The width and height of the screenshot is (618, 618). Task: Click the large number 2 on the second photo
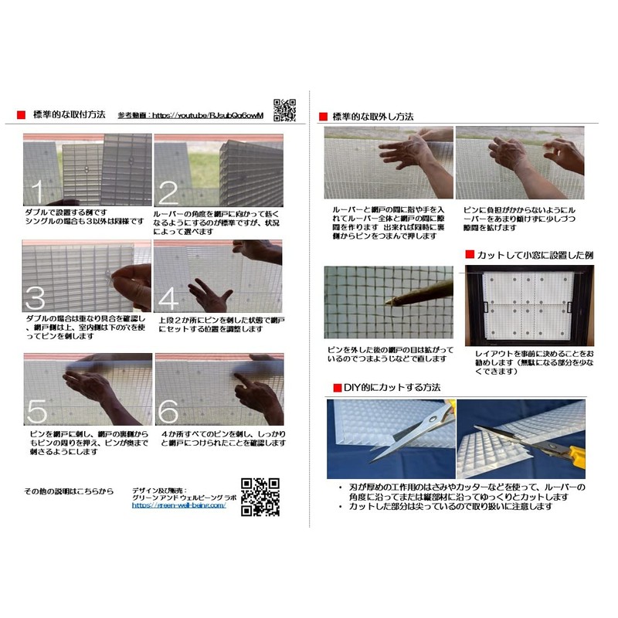pos(169,191)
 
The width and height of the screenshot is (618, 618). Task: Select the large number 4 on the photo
pos(169,297)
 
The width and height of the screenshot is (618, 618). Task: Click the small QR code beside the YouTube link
pos(285,110)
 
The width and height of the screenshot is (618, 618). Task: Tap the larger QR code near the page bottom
pos(260,497)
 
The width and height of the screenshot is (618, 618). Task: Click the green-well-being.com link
pos(178,505)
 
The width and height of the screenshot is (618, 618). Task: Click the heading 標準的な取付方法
pos(70,114)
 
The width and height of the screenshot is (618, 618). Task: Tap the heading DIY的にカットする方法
pos(392,386)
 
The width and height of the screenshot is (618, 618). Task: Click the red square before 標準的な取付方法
pos(21,115)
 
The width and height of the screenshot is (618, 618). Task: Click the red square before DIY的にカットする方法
pos(337,386)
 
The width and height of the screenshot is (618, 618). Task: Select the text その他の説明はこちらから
pos(69,491)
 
